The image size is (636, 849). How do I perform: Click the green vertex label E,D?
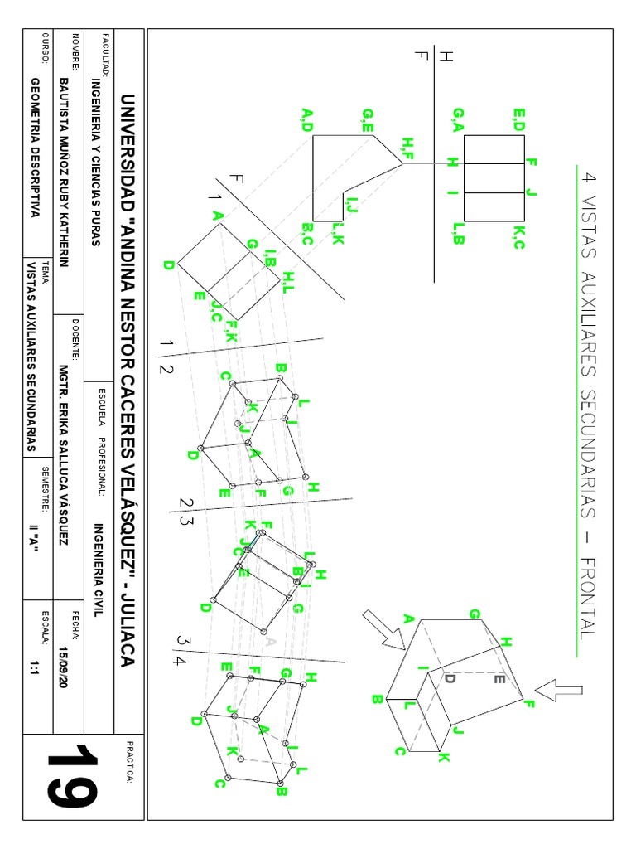pos(519,119)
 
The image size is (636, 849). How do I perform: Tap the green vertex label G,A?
pos(458,119)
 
